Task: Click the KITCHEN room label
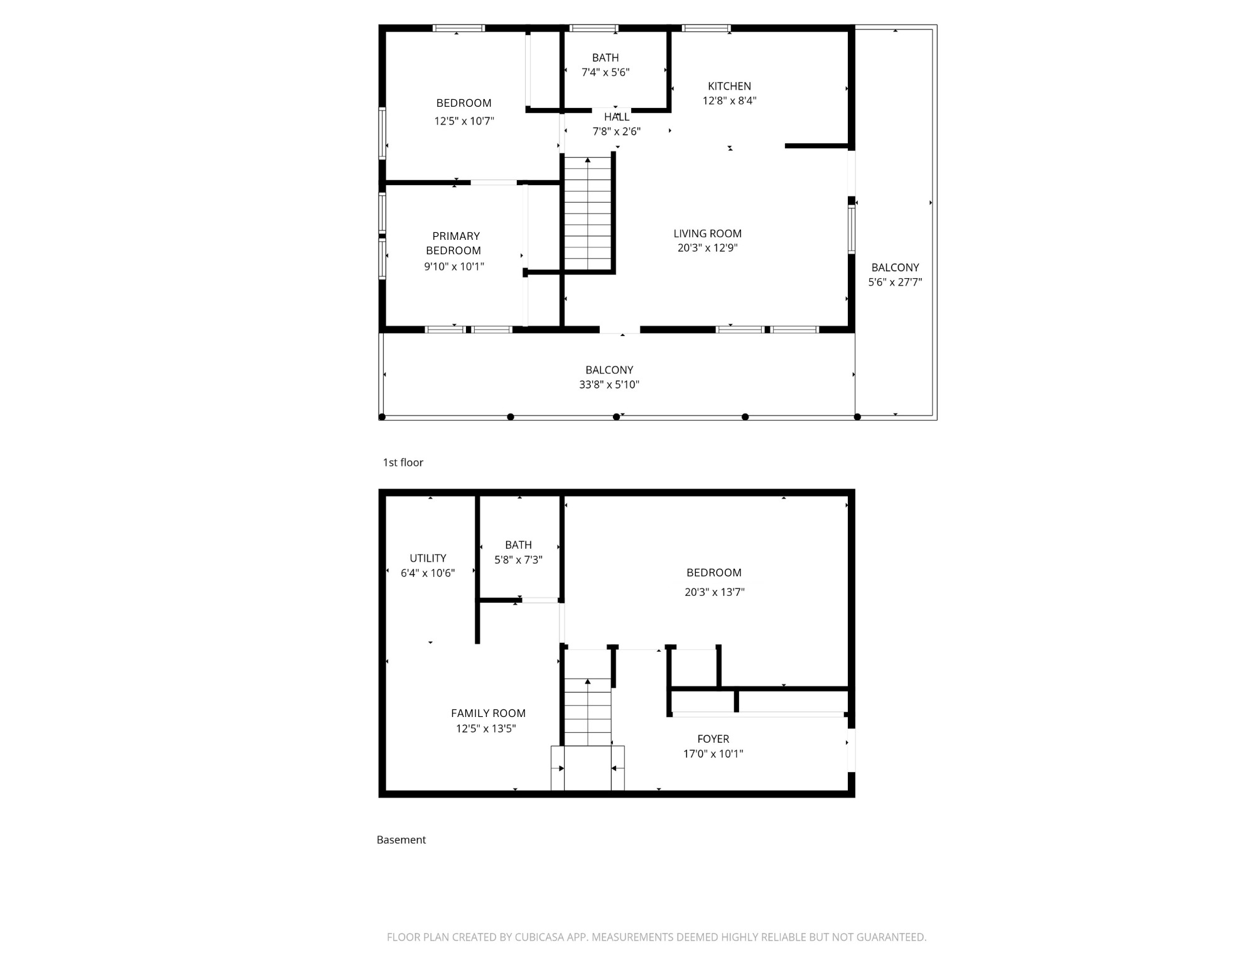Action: [729, 86]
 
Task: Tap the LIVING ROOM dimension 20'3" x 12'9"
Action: [707, 248]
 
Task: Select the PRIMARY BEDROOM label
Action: [455, 243]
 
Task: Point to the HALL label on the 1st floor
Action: [616, 117]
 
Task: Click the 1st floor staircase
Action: [587, 213]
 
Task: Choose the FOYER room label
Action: [713, 739]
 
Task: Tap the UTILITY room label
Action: [428, 558]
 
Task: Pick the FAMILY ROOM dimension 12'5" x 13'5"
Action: [485, 729]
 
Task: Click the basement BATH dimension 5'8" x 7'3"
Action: [518, 560]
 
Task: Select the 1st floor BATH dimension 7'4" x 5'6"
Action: [605, 72]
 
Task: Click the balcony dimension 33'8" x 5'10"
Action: [609, 385]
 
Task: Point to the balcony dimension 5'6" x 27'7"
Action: [895, 283]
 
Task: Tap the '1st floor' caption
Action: [403, 463]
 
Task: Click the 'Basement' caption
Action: [401, 840]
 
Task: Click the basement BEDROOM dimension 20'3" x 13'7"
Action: [714, 592]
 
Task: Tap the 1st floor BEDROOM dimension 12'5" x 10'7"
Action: [464, 121]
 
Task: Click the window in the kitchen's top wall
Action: [706, 28]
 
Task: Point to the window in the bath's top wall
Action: [593, 28]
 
